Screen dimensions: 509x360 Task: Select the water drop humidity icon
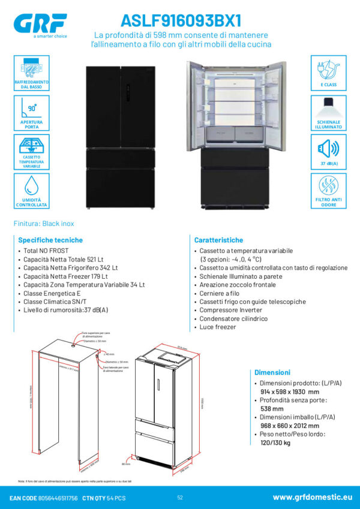(31, 186)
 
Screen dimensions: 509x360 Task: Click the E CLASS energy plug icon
(329, 68)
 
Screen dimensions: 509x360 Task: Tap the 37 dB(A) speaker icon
(329, 147)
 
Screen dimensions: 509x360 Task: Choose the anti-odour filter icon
(329, 186)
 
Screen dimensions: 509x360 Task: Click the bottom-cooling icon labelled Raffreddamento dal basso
(31, 69)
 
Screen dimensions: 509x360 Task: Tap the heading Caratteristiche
(219, 240)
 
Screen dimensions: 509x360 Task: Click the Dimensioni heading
(272, 372)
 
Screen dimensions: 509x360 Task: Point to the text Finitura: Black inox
(44, 224)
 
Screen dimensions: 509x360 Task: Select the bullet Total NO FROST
(46, 250)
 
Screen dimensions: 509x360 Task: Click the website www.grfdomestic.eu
(312, 498)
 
